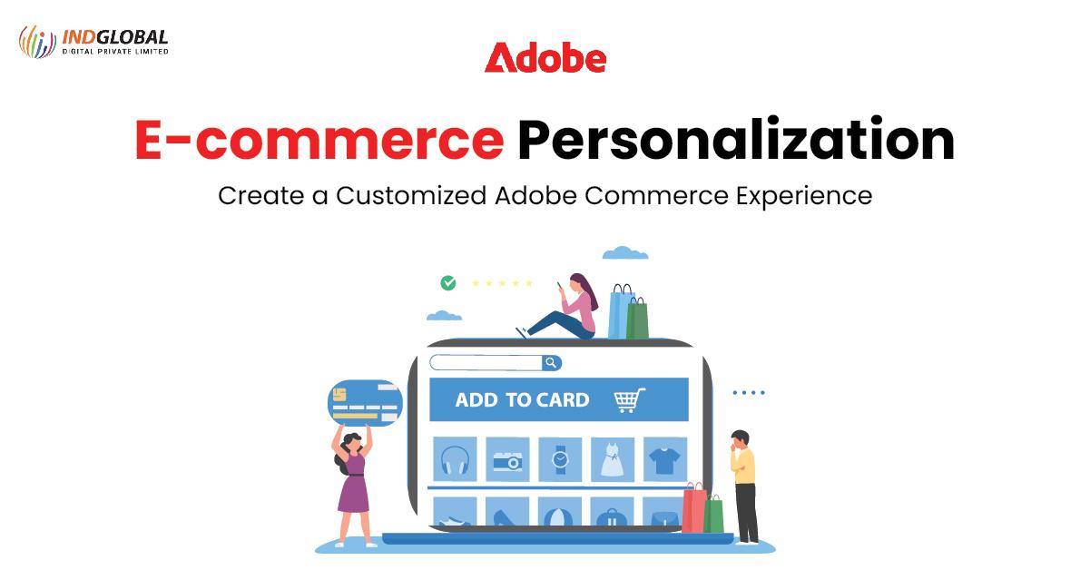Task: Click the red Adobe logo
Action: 545,58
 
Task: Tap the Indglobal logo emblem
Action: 37,42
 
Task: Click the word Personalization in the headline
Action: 736,141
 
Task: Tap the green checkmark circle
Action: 447,283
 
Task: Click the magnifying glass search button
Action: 551,363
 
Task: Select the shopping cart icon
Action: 629,400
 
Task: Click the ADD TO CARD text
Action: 522,400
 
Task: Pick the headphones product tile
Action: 454,459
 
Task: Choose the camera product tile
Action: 507,459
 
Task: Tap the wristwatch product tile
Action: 560,459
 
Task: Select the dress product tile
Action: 613,459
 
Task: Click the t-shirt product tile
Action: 665,459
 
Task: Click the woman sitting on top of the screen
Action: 568,309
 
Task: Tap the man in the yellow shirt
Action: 743,486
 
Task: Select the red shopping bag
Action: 694,510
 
